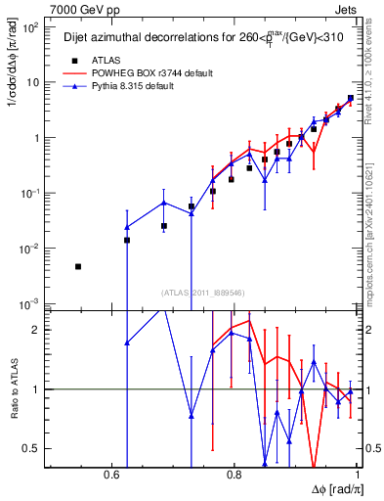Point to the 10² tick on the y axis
tap(30, 27)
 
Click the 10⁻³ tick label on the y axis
tap(30, 304)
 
